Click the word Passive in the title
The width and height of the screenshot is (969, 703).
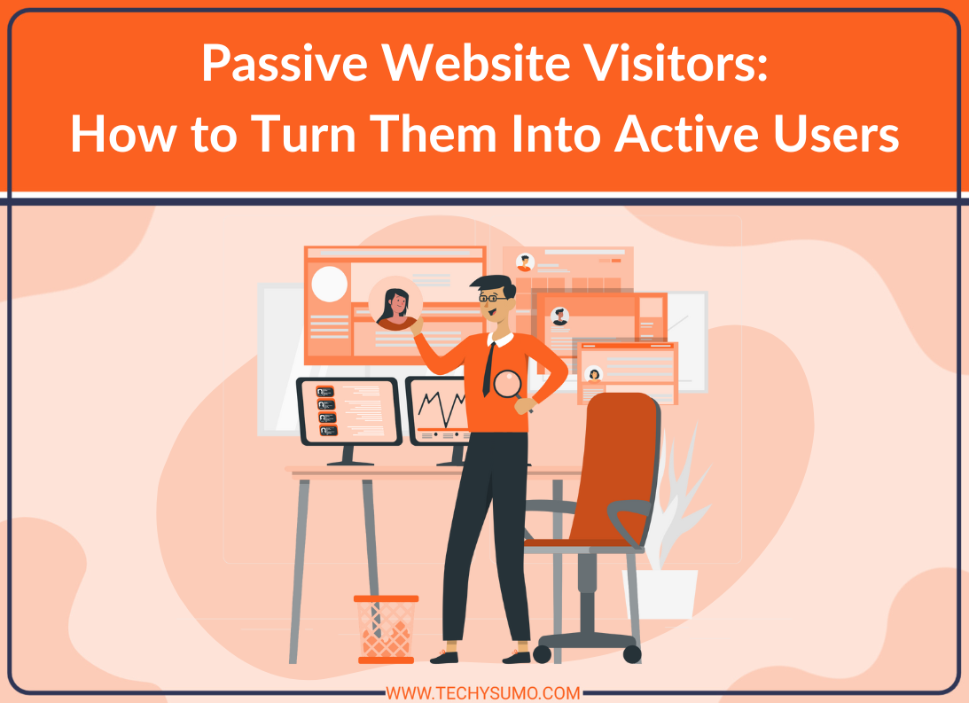[x=285, y=64]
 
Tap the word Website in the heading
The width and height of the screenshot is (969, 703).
[x=476, y=62]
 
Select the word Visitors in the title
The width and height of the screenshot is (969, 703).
[x=676, y=62]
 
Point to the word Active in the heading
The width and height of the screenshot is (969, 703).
[x=686, y=134]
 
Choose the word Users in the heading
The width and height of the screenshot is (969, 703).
[x=836, y=134]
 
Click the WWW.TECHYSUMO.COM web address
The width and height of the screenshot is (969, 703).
[x=483, y=693]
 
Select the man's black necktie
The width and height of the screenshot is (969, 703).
[x=488, y=369]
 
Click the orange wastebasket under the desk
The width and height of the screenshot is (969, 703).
[x=387, y=629]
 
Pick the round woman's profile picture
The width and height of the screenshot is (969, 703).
[x=395, y=303]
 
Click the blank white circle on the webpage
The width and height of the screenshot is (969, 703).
[x=330, y=285]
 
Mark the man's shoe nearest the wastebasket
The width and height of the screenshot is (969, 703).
[x=444, y=657]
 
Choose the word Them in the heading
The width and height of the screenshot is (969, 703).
[x=434, y=134]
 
